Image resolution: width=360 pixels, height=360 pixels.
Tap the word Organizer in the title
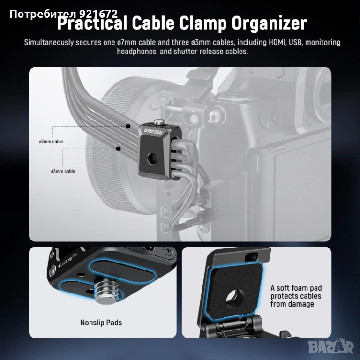[269, 24]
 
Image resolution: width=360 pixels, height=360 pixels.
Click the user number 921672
[99, 14]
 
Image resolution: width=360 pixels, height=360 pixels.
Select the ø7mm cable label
[51, 142]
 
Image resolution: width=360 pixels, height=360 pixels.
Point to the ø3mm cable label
[63, 171]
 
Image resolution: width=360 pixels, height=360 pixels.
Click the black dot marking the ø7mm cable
[128, 126]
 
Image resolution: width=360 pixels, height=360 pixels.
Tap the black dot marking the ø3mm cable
[119, 149]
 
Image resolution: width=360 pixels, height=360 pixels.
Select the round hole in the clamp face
[152, 158]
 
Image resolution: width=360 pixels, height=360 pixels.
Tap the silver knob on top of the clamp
[158, 122]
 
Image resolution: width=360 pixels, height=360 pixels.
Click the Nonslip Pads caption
[101, 322]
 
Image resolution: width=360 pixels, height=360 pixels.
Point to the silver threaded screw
[106, 291]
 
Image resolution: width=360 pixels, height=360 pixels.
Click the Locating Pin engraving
[67, 260]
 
